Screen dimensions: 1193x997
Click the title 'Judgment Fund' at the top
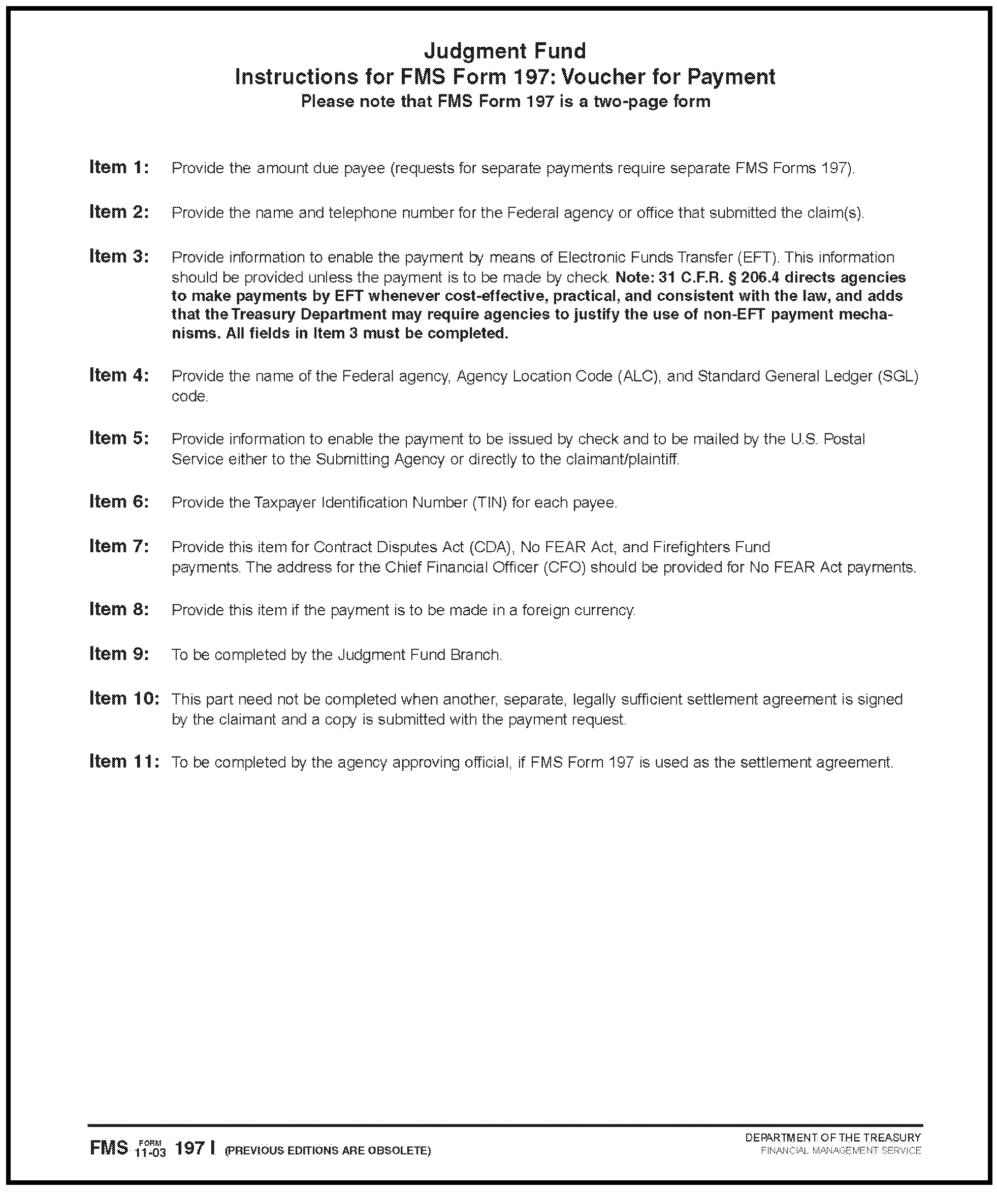505,52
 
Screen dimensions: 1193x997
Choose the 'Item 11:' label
124,761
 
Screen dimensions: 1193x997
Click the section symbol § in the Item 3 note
681,278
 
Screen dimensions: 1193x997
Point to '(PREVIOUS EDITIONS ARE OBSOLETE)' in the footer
328,1151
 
